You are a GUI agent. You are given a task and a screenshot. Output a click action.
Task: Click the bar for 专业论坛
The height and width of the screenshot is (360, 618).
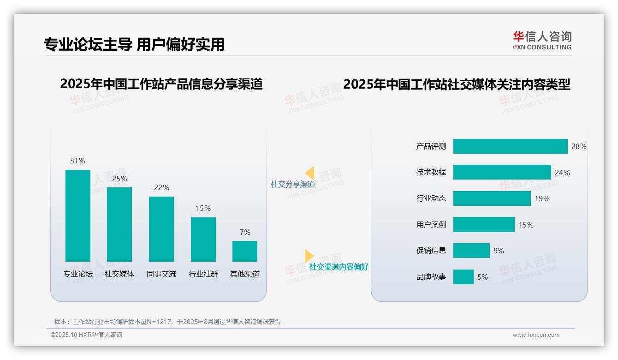[x=78, y=216]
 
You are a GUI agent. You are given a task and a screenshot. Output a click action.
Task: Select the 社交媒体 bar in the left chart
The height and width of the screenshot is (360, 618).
[x=119, y=224]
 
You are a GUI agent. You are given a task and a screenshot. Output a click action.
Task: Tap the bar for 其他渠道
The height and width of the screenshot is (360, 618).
[x=245, y=251]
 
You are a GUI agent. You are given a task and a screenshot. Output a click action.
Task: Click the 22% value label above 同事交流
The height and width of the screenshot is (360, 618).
[x=161, y=187]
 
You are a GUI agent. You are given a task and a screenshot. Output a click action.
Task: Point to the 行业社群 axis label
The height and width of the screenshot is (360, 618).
[x=203, y=274]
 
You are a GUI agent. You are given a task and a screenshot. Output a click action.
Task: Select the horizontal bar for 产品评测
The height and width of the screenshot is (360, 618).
[x=510, y=146]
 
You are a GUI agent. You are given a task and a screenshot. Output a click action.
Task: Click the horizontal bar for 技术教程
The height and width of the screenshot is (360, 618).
[x=502, y=172]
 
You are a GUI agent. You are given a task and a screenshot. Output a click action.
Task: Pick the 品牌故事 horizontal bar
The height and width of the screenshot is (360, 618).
[x=463, y=277]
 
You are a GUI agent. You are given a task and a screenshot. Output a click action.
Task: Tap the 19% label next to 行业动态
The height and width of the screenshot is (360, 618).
[x=542, y=198]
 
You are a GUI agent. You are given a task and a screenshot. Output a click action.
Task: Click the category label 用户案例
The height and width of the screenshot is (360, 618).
[x=431, y=225]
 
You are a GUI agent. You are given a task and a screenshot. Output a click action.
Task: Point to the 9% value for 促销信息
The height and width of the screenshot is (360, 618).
[x=499, y=251]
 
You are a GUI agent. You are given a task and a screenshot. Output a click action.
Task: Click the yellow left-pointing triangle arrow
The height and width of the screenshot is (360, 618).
[x=310, y=173]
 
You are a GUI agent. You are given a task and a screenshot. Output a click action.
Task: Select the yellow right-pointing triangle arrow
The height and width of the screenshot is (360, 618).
[x=309, y=255]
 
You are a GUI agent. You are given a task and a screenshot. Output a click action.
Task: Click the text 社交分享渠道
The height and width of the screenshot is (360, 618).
[x=292, y=184]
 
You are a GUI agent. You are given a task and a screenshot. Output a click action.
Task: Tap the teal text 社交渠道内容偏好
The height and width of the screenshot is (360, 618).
[x=339, y=267]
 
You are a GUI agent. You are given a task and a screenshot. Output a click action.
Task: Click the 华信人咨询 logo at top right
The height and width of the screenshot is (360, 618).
[x=542, y=40]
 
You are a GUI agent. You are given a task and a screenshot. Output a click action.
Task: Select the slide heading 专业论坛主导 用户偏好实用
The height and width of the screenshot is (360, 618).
[x=134, y=44]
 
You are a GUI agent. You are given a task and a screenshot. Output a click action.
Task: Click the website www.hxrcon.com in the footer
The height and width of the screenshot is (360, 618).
[x=535, y=335]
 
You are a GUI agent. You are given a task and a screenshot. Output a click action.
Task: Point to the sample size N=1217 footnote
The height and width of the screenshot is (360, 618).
[x=167, y=322]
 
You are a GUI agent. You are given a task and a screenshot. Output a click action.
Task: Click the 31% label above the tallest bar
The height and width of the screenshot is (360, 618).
[x=77, y=161]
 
